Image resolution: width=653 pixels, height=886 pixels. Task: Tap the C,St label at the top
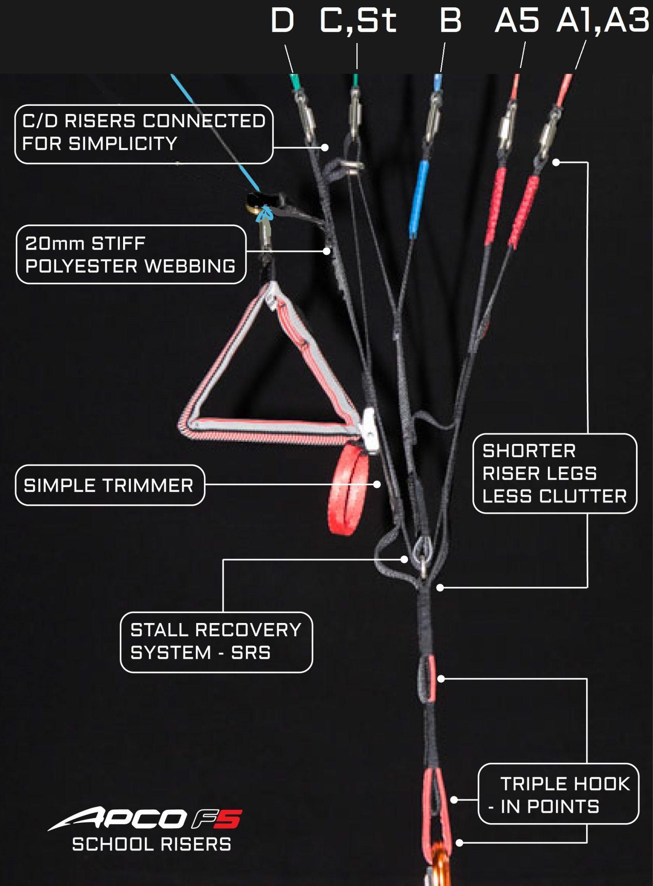tap(358, 21)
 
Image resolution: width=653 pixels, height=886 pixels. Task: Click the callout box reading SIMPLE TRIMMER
tap(110, 485)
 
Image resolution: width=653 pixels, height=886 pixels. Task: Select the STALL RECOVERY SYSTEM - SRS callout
tap(216, 642)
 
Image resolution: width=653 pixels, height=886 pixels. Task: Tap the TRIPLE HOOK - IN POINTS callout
tap(558, 794)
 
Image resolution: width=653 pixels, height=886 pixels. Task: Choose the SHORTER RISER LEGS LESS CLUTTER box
tap(555, 474)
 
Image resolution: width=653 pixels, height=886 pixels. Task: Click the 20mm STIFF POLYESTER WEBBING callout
tap(131, 255)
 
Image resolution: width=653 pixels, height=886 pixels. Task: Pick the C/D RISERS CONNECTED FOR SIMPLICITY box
tap(144, 134)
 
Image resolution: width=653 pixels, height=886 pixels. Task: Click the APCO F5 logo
tap(145, 818)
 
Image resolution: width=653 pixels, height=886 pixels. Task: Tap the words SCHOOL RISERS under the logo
tap(152, 844)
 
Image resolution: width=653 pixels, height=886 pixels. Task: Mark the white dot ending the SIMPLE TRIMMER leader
tap(377, 484)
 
